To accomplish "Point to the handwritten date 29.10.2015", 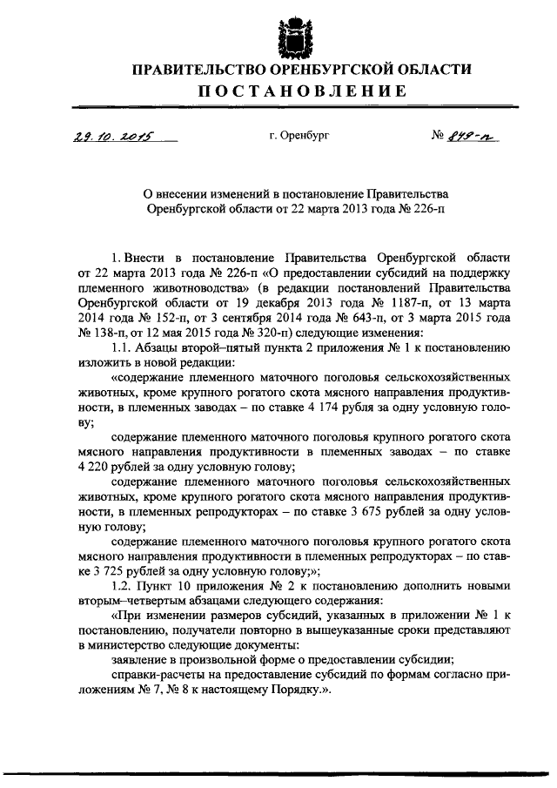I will [103, 138].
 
